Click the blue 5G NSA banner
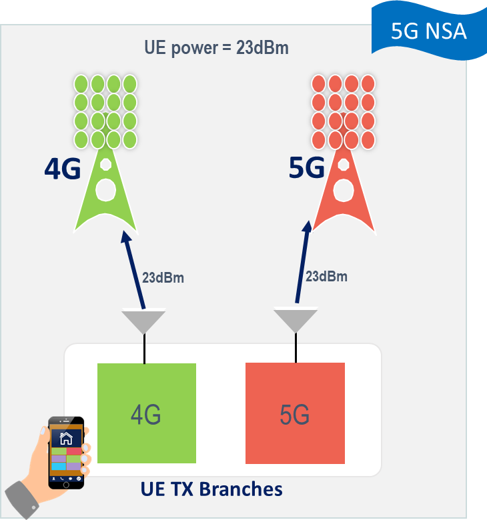429,31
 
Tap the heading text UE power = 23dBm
216,48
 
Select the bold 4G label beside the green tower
63,169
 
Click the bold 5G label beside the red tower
306,168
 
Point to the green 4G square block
147,413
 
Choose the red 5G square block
295,413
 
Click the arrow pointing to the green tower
133,269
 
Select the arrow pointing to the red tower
304,261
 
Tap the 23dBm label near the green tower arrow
163,278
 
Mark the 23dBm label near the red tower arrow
326,276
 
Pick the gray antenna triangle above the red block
296,320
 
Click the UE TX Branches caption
211,489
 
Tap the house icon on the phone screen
66,439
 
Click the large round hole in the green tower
106,190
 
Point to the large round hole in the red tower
344,191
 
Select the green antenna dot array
105,111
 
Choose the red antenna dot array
344,112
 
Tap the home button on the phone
66,485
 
